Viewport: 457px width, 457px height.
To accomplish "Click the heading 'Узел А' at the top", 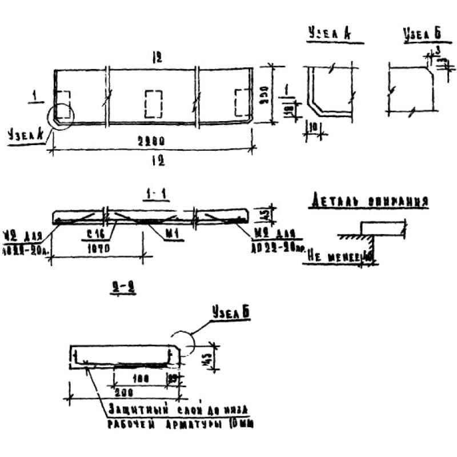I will [328, 34].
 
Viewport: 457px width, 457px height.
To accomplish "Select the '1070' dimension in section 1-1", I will [98, 248].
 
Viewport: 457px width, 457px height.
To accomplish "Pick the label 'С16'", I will [95, 233].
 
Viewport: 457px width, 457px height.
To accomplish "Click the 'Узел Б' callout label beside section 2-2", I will [231, 312].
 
